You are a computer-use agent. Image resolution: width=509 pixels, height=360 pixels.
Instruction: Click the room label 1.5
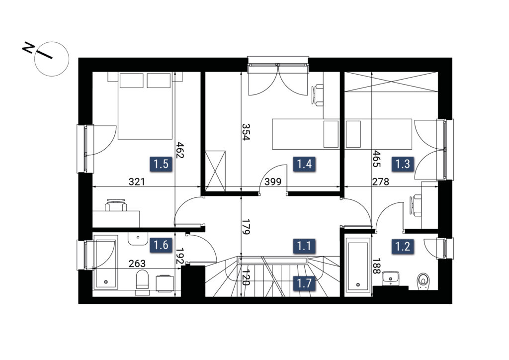(x=161, y=164)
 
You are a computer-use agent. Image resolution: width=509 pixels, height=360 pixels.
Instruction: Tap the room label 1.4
(x=304, y=164)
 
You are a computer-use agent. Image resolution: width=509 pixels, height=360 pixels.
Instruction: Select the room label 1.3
(x=403, y=164)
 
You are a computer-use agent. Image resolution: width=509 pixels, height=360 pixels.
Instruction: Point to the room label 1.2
(x=403, y=247)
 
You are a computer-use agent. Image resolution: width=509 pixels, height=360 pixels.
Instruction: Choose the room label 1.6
(x=161, y=245)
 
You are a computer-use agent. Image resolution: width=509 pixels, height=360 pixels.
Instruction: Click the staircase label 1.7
(x=304, y=283)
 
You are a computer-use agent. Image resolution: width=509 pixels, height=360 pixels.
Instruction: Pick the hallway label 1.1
(x=304, y=246)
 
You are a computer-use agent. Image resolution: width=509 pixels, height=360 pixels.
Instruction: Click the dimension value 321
(x=137, y=182)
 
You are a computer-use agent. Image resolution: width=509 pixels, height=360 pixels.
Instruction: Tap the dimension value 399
(x=273, y=182)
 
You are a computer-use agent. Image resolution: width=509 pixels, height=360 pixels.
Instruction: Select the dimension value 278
(x=380, y=182)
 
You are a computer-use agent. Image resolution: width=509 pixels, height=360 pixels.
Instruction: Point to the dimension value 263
(x=137, y=264)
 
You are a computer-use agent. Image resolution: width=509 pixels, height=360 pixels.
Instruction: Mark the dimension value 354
(x=246, y=131)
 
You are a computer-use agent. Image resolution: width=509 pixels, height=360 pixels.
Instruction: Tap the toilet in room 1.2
(x=423, y=280)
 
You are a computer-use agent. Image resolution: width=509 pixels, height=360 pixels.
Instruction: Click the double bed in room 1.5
(x=145, y=106)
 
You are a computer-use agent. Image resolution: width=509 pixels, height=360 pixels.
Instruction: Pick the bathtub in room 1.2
(x=358, y=265)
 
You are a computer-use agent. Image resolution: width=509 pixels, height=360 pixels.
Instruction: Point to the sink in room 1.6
(x=138, y=239)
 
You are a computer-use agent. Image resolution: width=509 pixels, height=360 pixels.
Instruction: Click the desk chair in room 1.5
(x=116, y=205)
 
